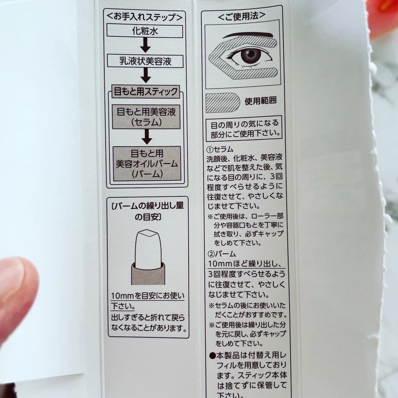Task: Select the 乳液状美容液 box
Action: [145, 61]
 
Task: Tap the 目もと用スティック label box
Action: [146, 91]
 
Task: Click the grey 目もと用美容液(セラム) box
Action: [146, 117]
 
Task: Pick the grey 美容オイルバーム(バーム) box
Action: [147, 164]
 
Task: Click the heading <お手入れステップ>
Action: [145, 17]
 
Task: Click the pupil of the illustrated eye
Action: [250, 54]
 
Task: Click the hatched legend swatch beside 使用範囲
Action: [223, 103]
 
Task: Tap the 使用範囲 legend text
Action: [261, 101]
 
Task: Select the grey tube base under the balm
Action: [148, 273]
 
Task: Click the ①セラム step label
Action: [220, 149]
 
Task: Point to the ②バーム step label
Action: [222, 254]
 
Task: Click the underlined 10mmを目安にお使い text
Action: [148, 296]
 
